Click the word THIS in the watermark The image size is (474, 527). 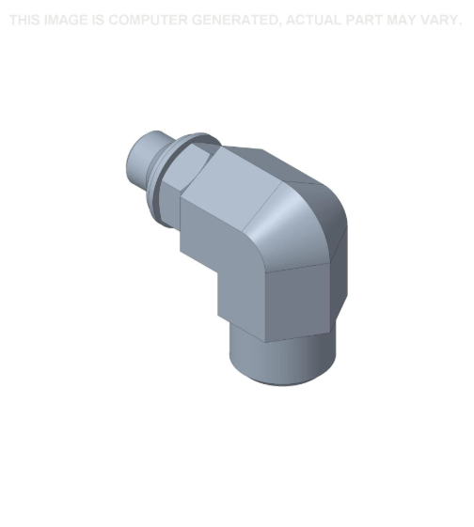24,20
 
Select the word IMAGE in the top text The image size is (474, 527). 66,20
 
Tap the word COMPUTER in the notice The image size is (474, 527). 148,20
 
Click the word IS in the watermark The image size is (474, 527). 98,20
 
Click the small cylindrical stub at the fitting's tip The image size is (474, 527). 145,160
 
